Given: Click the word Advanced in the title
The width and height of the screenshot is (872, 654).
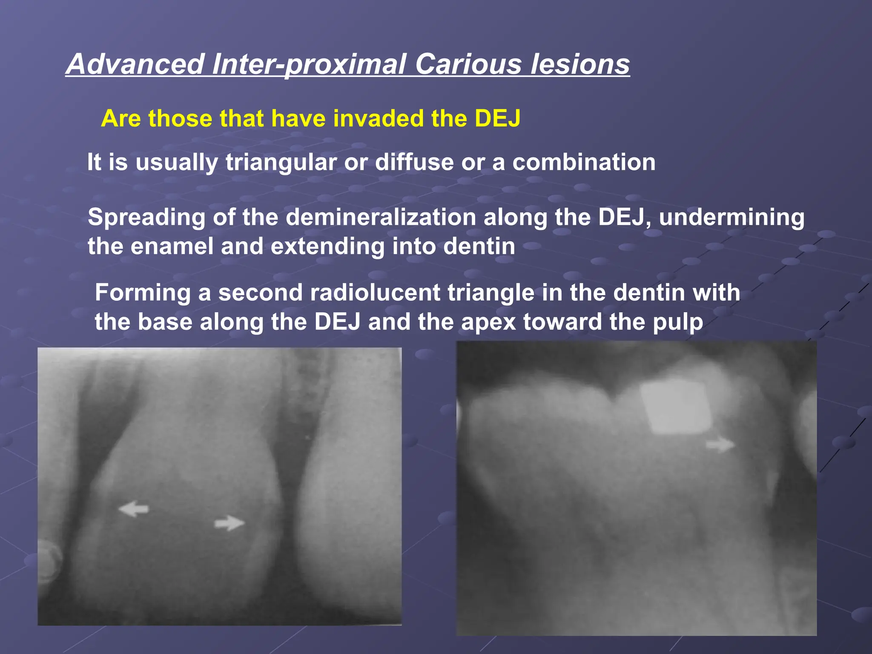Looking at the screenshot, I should point(135,64).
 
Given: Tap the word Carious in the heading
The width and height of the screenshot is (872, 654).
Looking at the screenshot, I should point(468,64).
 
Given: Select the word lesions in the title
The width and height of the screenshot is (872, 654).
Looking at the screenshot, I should point(580,64).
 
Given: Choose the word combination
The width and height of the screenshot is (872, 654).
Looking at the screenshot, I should point(584,163).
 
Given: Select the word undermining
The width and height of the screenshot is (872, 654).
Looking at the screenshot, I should point(731,217).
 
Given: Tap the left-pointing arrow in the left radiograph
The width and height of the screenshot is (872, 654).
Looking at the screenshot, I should point(133,508).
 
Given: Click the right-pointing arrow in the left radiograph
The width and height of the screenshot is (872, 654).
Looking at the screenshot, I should point(229,522).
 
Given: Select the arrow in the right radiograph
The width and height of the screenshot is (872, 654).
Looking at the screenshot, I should point(720,445).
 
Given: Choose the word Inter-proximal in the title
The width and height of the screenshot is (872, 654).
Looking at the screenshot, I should point(309,64).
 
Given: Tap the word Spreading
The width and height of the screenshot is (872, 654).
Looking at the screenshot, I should point(146,217).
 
